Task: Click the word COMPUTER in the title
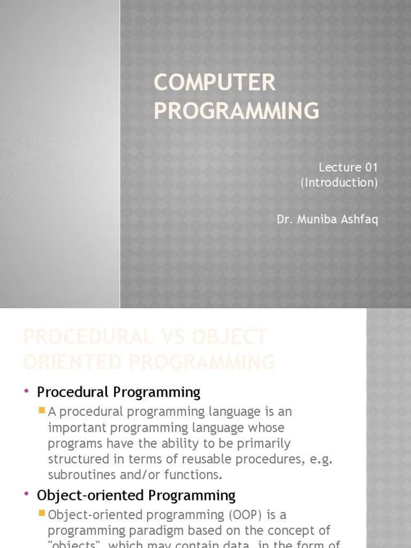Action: pos(215,83)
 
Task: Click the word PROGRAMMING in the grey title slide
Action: pos(236,110)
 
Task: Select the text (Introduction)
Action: pos(339,182)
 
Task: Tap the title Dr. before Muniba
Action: pos(285,220)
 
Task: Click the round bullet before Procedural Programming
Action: pos(26,392)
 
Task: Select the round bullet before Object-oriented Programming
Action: pos(26,495)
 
